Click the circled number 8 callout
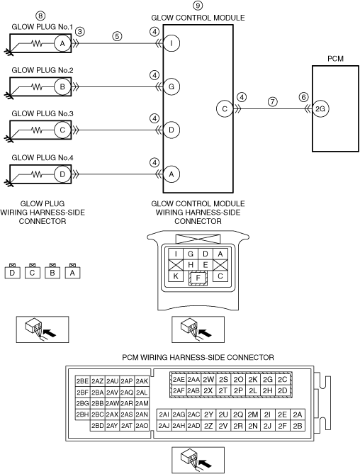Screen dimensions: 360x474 40,16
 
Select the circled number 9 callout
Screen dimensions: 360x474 198,6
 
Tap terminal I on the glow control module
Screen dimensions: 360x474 171,43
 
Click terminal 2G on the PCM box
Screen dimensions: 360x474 320,108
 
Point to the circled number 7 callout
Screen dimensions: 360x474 273,101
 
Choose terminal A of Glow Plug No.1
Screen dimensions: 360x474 62,43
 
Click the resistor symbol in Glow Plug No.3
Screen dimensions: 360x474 37,130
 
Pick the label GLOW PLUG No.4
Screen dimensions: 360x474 43,157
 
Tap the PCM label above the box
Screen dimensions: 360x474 335,59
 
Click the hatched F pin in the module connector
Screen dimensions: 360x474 198,278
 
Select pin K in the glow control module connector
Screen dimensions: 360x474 176,276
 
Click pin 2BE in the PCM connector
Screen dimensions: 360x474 82,381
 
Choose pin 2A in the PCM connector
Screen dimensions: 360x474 298,414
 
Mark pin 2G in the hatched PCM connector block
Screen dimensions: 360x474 268,379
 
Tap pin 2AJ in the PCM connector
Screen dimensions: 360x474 164,426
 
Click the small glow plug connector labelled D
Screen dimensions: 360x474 12,271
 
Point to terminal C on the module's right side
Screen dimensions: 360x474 225,108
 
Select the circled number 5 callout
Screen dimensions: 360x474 117,36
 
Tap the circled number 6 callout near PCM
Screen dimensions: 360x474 303,97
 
